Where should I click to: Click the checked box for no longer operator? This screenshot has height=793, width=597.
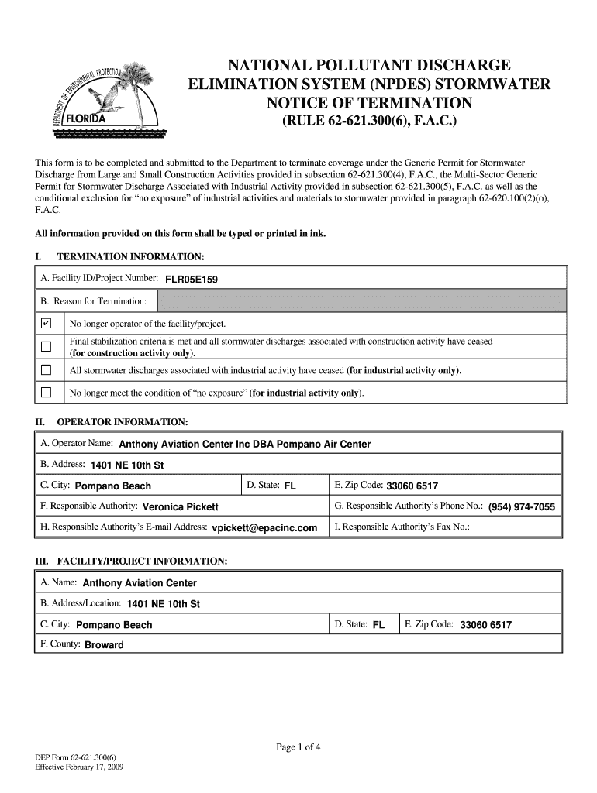pos(46,323)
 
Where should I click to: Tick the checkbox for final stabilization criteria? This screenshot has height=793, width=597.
pos(46,346)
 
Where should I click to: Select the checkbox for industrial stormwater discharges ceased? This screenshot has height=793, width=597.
pos(46,370)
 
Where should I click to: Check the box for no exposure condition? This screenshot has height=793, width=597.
pos(46,393)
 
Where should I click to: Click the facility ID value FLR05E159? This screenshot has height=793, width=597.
pos(191,280)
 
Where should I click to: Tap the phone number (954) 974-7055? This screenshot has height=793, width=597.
pos(521,507)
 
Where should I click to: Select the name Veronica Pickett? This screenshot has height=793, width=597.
pos(181,506)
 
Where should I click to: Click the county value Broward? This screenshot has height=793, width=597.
pos(104,644)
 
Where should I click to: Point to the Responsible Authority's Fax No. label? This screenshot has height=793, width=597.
pos(402,527)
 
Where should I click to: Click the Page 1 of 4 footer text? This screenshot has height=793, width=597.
pos(298,747)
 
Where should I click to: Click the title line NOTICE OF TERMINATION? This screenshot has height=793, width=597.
pos(368,103)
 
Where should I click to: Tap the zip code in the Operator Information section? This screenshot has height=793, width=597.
pos(412,486)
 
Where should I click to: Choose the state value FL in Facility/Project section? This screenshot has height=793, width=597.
pos(378,624)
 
